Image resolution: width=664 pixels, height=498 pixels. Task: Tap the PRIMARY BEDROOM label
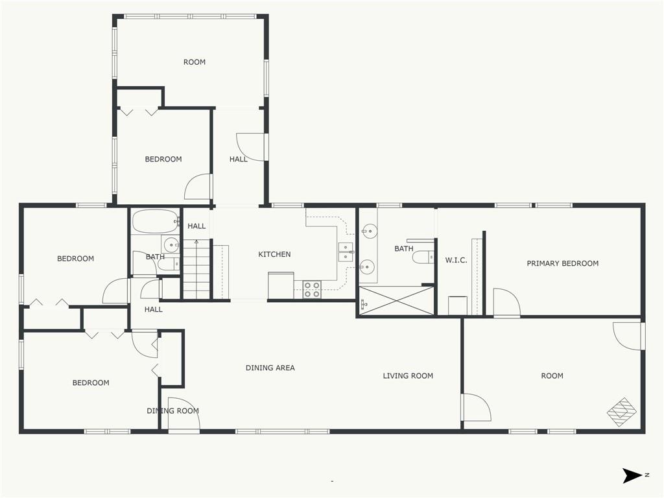click(x=562, y=263)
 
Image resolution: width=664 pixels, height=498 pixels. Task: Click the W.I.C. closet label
click(x=456, y=260)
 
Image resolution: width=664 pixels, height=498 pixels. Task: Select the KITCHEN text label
click(x=274, y=254)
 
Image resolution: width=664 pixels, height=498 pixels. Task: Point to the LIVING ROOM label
click(x=408, y=375)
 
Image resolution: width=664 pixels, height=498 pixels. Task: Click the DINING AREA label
click(x=270, y=368)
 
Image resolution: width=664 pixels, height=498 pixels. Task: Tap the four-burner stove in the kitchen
click(x=312, y=289)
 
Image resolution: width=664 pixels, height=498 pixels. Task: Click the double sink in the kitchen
click(x=346, y=253)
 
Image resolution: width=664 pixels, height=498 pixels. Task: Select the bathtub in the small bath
click(x=154, y=221)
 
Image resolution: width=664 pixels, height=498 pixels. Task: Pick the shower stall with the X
click(x=396, y=301)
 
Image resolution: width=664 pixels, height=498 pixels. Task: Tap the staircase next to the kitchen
click(x=196, y=269)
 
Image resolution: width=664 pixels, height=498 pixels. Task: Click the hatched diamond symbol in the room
click(x=622, y=411)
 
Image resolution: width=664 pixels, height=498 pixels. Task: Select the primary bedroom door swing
click(x=506, y=302)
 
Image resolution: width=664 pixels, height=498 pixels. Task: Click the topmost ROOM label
click(x=195, y=62)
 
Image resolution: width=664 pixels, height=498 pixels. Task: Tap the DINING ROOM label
click(x=172, y=410)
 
